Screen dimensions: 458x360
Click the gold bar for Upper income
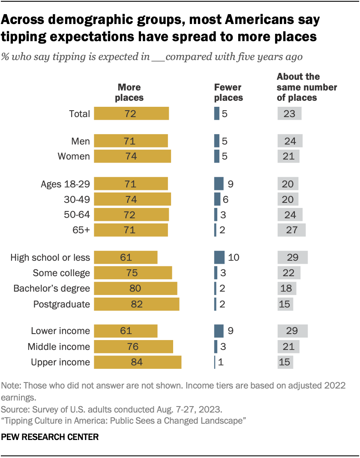pos(138,362)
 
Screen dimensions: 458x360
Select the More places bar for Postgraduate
pos(136,304)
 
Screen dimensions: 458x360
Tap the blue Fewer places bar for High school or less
pos(219,257)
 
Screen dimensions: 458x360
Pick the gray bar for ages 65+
pos(291,230)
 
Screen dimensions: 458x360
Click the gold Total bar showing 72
pos(131,114)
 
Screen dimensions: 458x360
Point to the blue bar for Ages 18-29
pos(219,184)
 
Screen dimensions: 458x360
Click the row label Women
pos(74,157)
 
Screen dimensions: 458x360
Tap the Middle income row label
pos(59,347)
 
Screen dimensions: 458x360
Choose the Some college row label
pos(62,273)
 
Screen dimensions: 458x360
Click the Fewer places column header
pos(228,92)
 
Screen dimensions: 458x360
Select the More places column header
pos(129,92)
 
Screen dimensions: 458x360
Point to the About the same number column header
pos(306,87)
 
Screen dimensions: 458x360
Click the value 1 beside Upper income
pos(221,362)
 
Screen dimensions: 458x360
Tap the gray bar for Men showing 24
pos(290,141)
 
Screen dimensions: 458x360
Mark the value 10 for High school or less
pos(233,257)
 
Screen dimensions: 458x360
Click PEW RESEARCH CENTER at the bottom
pos(50,437)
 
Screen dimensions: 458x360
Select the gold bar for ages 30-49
pos(132,199)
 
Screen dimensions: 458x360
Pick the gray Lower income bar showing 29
pos(292,331)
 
